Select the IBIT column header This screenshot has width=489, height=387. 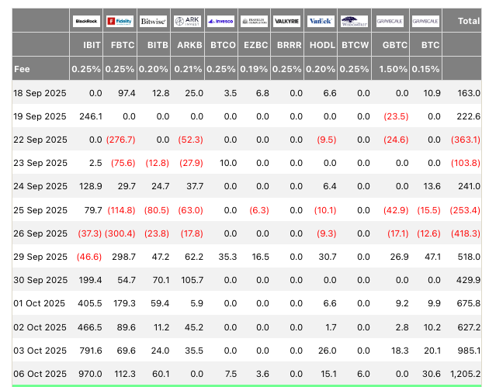(92, 46)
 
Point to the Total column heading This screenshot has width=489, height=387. (469, 21)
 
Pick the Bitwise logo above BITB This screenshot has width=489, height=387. (154, 21)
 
